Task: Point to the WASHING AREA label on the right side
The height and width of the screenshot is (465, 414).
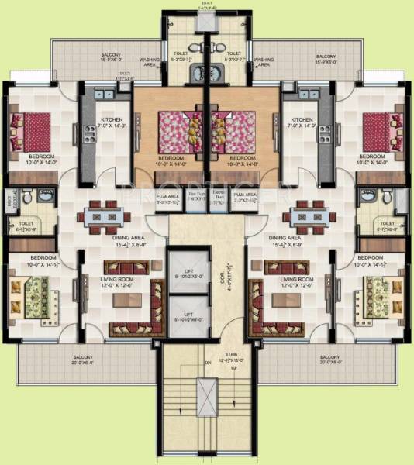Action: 264,62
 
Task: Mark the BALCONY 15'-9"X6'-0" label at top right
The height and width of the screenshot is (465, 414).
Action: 326,60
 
